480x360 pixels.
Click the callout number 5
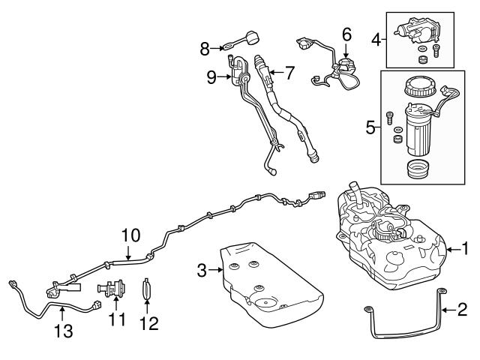point(370,127)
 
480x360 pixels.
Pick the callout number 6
point(346,34)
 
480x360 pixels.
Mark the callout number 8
point(204,49)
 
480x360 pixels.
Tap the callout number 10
point(130,235)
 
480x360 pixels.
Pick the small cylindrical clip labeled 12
point(147,289)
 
